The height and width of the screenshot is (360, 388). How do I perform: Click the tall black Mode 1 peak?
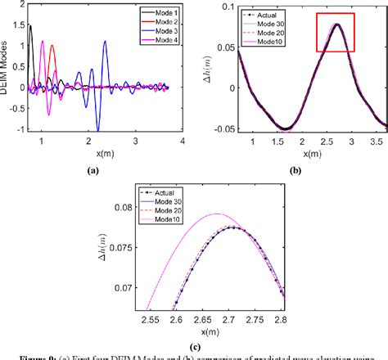click(x=30, y=26)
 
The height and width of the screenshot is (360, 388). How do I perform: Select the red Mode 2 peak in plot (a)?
click(x=53, y=47)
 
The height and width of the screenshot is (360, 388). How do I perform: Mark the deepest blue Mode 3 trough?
click(x=98, y=129)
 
